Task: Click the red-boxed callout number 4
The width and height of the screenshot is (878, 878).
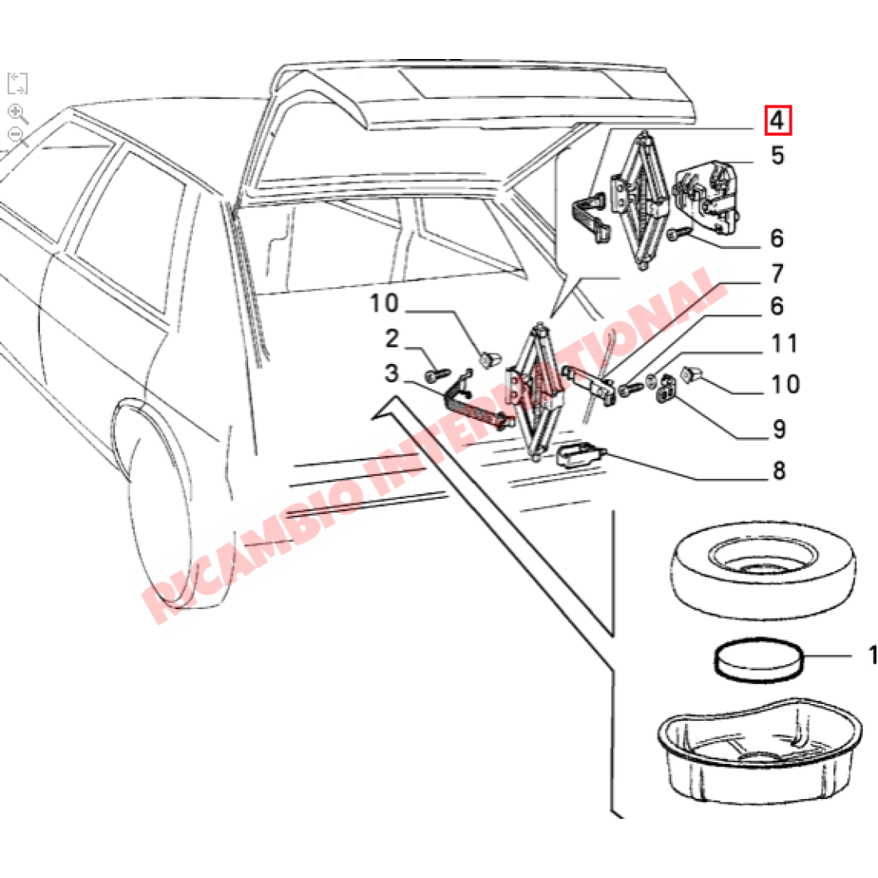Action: [x=777, y=122]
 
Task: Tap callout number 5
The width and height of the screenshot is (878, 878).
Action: [x=777, y=155]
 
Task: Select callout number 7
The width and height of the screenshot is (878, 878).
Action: [x=777, y=275]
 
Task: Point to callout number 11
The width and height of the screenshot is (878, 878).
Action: [x=784, y=344]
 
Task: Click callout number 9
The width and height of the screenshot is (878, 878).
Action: [x=779, y=429]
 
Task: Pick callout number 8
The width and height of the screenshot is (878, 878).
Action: [x=779, y=471]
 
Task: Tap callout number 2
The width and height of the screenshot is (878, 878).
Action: [x=392, y=339]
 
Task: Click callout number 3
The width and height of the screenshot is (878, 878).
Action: [x=391, y=373]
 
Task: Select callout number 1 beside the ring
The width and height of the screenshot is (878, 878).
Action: [x=872, y=655]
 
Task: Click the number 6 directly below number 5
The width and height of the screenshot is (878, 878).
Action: [x=777, y=238]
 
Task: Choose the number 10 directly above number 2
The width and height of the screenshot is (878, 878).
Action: [x=383, y=303]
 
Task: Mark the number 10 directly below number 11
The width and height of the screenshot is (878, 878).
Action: [x=785, y=385]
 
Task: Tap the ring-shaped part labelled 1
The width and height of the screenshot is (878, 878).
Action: [x=755, y=660]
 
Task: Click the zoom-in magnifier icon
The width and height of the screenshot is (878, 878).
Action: [x=18, y=113]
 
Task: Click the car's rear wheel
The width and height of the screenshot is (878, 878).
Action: [x=160, y=511]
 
